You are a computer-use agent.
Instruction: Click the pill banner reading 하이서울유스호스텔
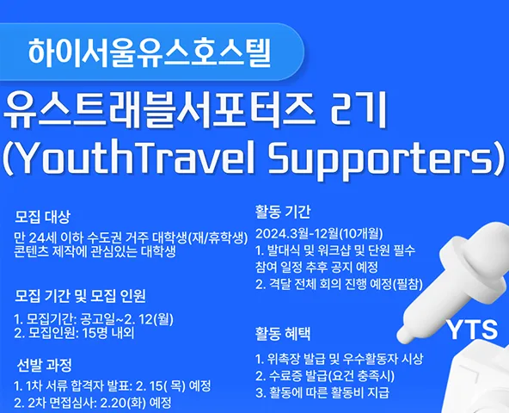click(151, 52)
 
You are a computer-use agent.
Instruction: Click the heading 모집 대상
click(42, 217)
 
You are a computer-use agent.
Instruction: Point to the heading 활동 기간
click(283, 212)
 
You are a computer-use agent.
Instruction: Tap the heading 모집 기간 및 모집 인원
click(80, 296)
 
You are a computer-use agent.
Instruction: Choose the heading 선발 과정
click(44, 365)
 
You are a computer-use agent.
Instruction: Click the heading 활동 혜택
click(283, 334)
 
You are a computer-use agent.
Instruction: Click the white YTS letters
click(472, 330)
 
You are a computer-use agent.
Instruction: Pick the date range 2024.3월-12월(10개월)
click(319, 233)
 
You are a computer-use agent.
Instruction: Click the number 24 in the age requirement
click(36, 238)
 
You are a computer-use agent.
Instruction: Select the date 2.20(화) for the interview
click(124, 403)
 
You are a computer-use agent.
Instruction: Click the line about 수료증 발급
click(325, 376)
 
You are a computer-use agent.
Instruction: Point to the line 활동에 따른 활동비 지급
click(322, 392)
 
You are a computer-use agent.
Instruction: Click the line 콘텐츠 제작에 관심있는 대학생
click(95, 252)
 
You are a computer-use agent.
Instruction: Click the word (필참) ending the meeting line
click(408, 284)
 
